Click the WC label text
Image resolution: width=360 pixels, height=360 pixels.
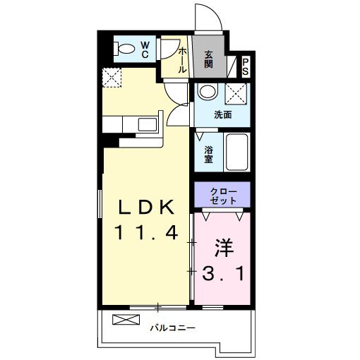(144, 49)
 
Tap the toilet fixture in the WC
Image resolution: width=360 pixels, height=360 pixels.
(125, 49)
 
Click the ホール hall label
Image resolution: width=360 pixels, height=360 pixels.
(183, 60)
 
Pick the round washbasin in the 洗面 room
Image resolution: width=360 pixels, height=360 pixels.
(207, 92)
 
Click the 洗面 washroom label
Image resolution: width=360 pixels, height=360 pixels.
(223, 114)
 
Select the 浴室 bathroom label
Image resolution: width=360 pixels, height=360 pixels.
(209, 154)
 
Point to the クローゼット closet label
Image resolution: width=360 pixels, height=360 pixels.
(222, 194)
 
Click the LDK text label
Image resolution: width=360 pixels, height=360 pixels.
(145, 206)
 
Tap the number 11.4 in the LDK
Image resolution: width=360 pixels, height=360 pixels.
(145, 232)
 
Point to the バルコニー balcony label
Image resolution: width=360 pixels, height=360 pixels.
(172, 328)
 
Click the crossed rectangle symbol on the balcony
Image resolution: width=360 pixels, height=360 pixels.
(121, 320)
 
